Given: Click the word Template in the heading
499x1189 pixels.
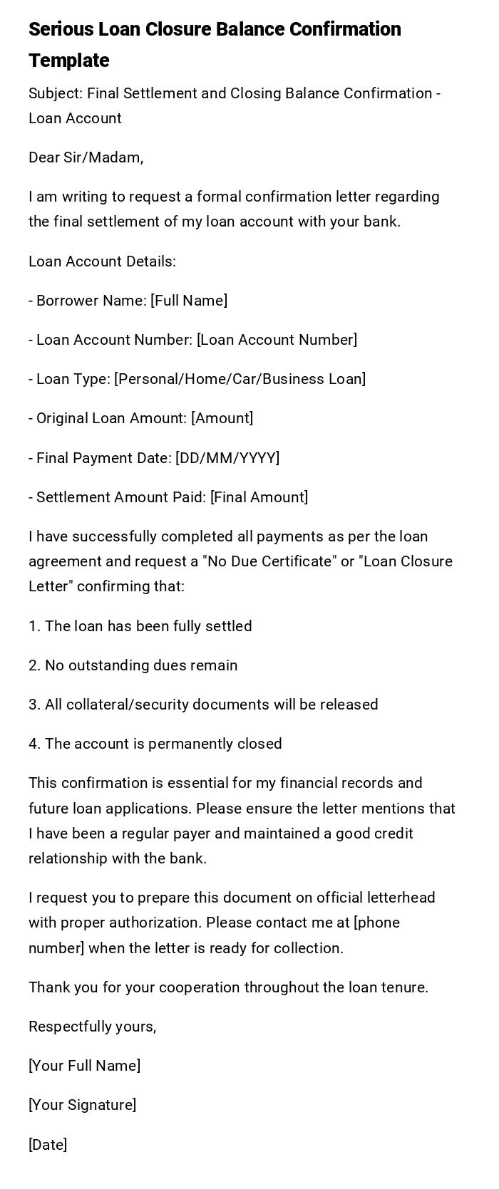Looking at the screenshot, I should click(x=69, y=61).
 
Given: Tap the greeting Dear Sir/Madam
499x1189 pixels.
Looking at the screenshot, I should click(x=86, y=157).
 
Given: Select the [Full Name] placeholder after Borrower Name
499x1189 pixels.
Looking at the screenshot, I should click(x=189, y=301).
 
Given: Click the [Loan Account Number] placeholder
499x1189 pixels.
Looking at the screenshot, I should click(x=277, y=340).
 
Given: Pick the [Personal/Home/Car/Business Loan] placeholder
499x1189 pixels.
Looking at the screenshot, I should click(x=240, y=379).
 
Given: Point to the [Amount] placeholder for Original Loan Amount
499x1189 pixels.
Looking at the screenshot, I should click(x=222, y=418).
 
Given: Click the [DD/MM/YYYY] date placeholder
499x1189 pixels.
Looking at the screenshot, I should click(x=227, y=458).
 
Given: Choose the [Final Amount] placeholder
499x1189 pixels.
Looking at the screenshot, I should click(x=259, y=497).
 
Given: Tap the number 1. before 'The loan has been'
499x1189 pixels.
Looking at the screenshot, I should click(x=34, y=626).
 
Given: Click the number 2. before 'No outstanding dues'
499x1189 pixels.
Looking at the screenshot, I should click(x=35, y=665).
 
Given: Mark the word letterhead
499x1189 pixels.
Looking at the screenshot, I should click(x=398, y=898).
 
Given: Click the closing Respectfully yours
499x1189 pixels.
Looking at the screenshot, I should click(x=93, y=1027).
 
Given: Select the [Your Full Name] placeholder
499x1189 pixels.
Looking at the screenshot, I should click(x=85, y=1066).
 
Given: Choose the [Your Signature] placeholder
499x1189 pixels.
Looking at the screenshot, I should click(x=83, y=1105).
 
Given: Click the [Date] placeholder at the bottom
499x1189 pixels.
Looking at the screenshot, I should click(x=48, y=1145).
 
